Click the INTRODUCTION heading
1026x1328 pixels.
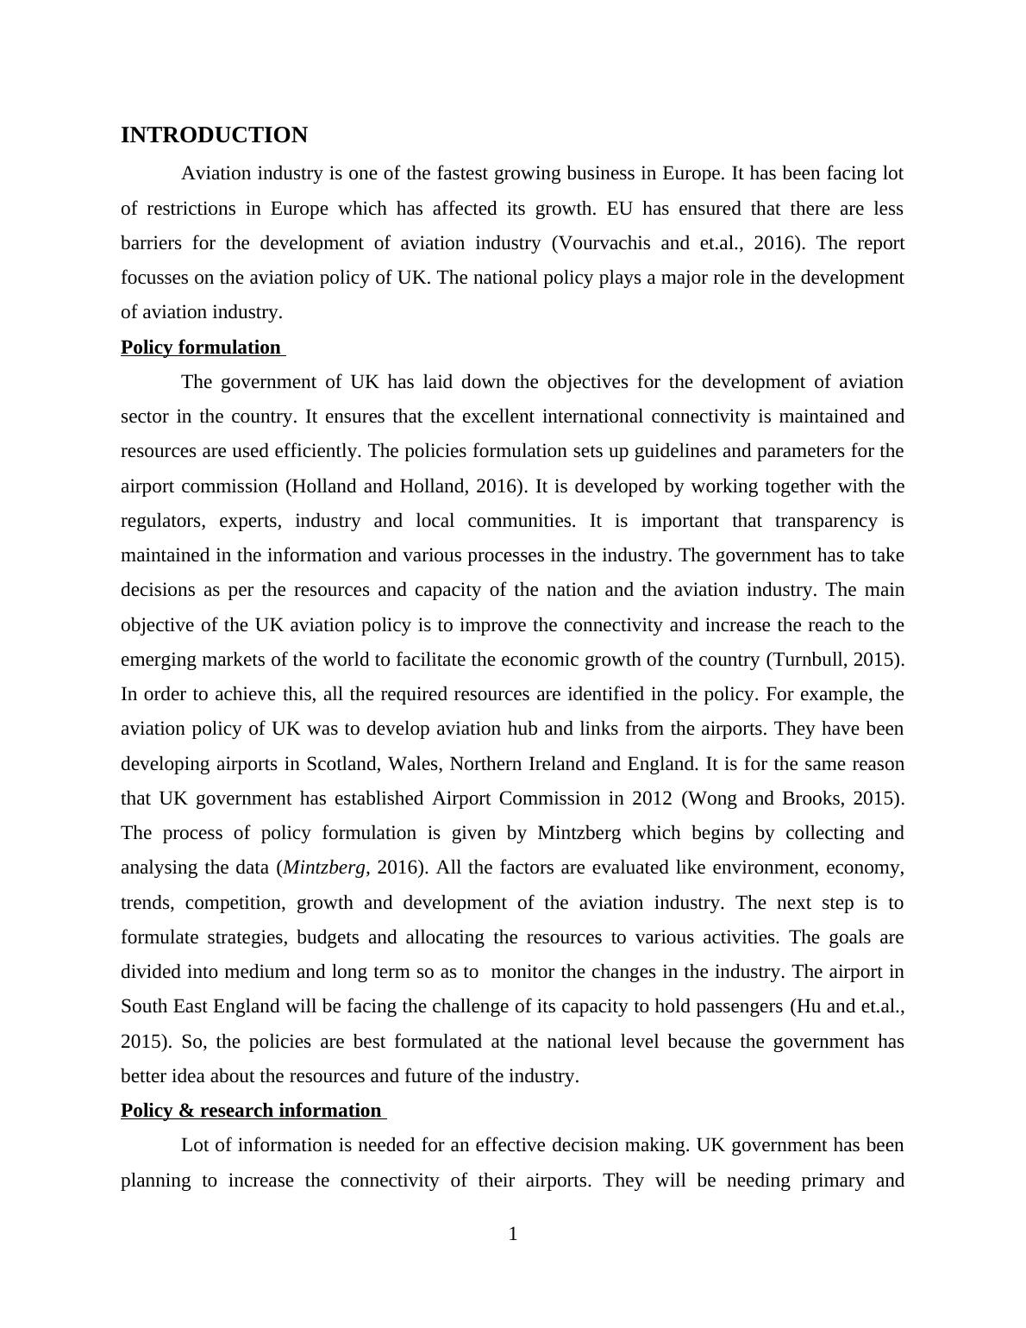(x=214, y=135)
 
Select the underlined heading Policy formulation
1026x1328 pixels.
(x=201, y=348)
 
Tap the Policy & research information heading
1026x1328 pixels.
(x=251, y=1111)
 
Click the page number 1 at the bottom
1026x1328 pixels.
(x=513, y=1235)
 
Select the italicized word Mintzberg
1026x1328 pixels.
(x=324, y=868)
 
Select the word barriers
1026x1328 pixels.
(x=151, y=243)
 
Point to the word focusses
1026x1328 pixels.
(x=154, y=278)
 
